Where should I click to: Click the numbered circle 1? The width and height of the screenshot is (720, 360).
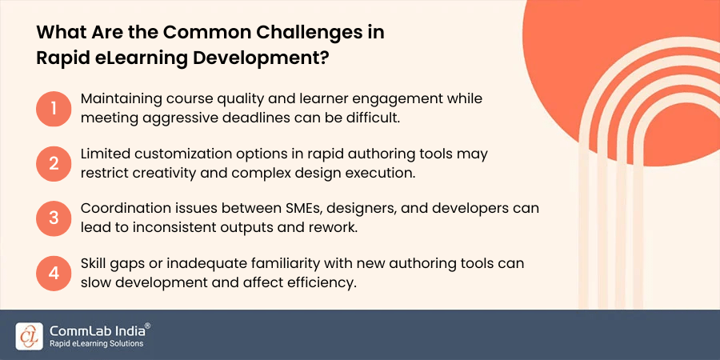click(x=54, y=108)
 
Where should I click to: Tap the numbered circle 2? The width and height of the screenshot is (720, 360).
click(x=54, y=163)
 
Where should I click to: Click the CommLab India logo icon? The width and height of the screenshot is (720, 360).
click(x=29, y=335)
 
